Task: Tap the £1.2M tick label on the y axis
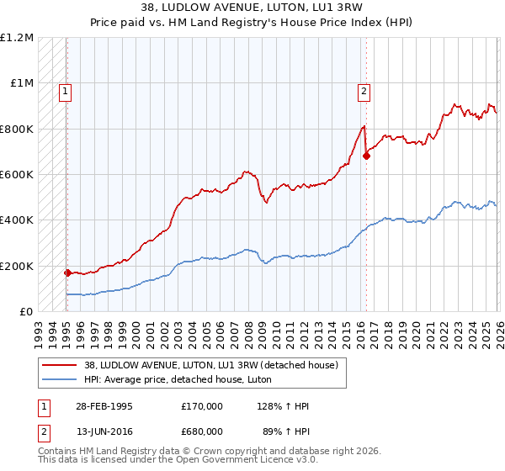[17, 38]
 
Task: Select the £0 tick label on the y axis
[26, 312]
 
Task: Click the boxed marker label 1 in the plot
[66, 93]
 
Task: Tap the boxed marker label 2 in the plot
[364, 93]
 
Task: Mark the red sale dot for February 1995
[67, 273]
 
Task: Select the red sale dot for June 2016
[366, 156]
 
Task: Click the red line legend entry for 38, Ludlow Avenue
[210, 365]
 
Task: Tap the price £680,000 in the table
[202, 431]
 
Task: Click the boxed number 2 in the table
[44, 431]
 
